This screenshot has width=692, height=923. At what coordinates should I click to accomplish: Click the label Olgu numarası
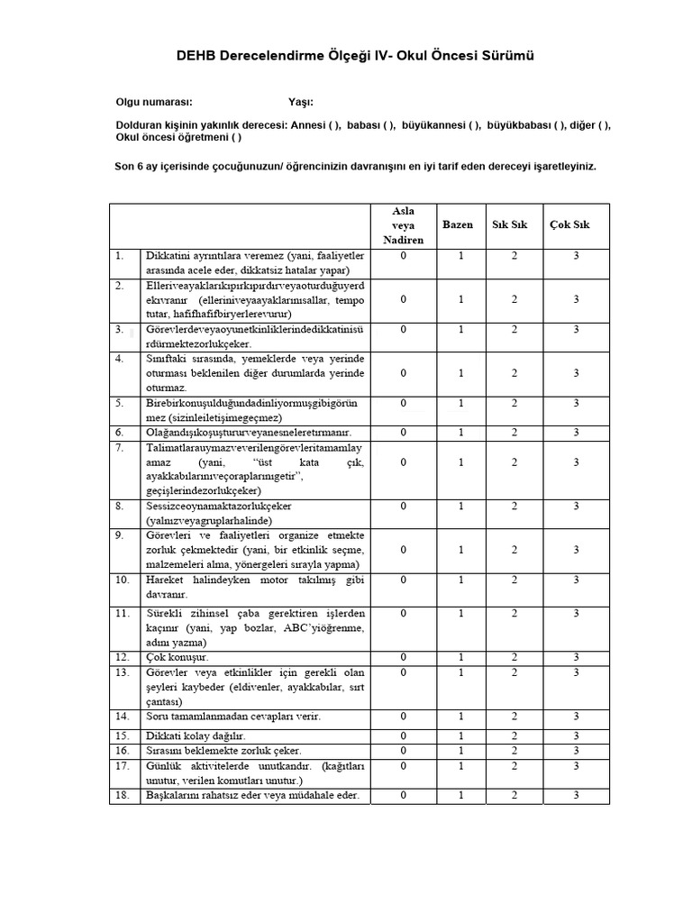click(x=154, y=103)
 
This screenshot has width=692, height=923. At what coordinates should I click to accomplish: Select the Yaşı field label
click(x=300, y=103)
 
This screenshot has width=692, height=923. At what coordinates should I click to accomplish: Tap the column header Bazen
click(x=458, y=224)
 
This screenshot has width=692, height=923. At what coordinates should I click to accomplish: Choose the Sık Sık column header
click(x=510, y=224)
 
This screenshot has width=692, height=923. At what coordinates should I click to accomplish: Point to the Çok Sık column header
click(x=569, y=224)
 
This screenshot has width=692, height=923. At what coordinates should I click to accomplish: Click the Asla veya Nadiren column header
click(x=404, y=224)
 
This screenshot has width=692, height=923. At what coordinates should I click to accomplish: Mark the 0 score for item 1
click(x=404, y=256)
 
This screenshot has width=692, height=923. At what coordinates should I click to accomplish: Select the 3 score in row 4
click(x=576, y=373)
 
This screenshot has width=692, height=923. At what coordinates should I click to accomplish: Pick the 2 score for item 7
click(x=514, y=462)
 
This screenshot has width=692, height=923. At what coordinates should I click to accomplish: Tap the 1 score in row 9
click(x=460, y=550)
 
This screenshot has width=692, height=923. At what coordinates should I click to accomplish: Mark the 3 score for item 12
click(x=576, y=657)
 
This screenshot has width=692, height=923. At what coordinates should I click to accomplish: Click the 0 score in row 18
click(x=404, y=795)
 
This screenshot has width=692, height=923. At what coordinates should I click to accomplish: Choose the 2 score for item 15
click(x=514, y=736)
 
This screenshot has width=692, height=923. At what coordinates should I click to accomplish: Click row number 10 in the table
click(x=123, y=580)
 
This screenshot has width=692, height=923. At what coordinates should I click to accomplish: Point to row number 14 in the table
click(x=123, y=717)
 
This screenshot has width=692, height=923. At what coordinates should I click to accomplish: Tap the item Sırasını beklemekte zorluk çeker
click(x=224, y=750)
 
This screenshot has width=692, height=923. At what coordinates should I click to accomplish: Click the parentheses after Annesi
click(x=333, y=125)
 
